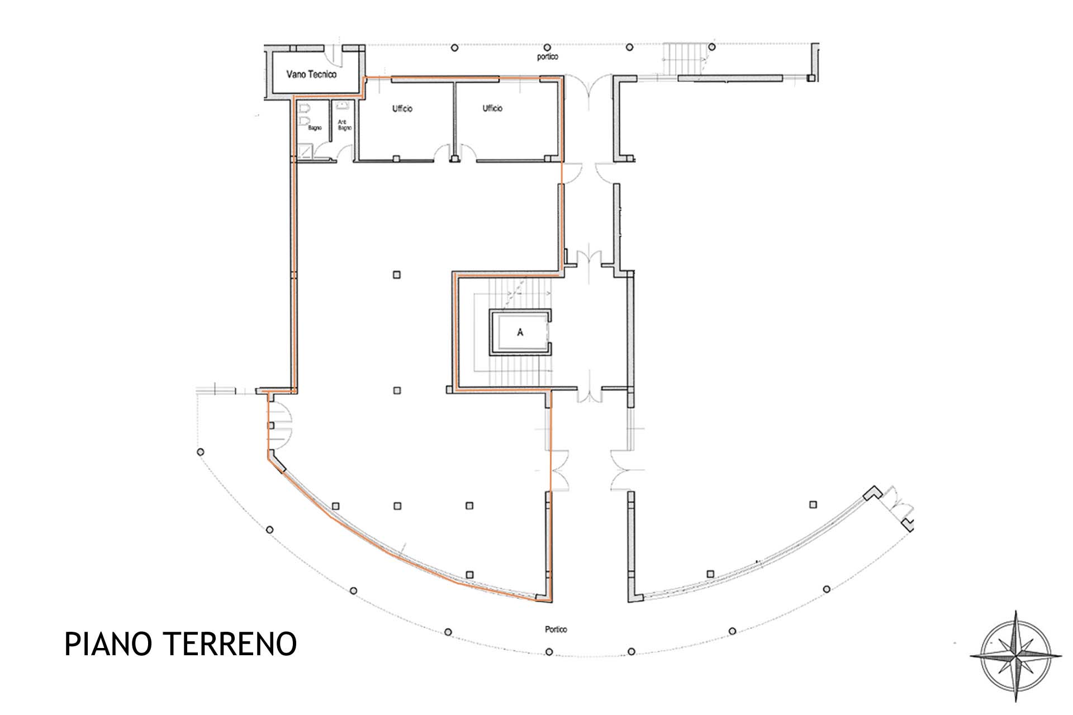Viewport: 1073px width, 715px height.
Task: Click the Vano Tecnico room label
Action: [x=311, y=74]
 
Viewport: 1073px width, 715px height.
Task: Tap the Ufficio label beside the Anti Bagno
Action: [x=402, y=108]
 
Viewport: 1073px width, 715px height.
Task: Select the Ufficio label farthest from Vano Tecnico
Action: [x=492, y=108]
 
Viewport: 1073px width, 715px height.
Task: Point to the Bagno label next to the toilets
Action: [x=315, y=128]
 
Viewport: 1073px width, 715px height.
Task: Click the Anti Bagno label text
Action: [x=344, y=125]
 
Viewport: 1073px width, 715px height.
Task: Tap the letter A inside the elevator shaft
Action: [x=520, y=332]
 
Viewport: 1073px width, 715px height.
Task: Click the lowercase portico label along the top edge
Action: [x=548, y=57]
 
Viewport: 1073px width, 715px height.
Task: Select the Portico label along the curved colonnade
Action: [x=556, y=630]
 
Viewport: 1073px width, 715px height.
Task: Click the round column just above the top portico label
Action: [x=548, y=47]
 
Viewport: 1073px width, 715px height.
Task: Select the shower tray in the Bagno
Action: [x=305, y=151]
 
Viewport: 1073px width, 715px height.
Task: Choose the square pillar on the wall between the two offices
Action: [x=455, y=159]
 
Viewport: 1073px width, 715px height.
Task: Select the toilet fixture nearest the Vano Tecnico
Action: [x=305, y=107]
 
